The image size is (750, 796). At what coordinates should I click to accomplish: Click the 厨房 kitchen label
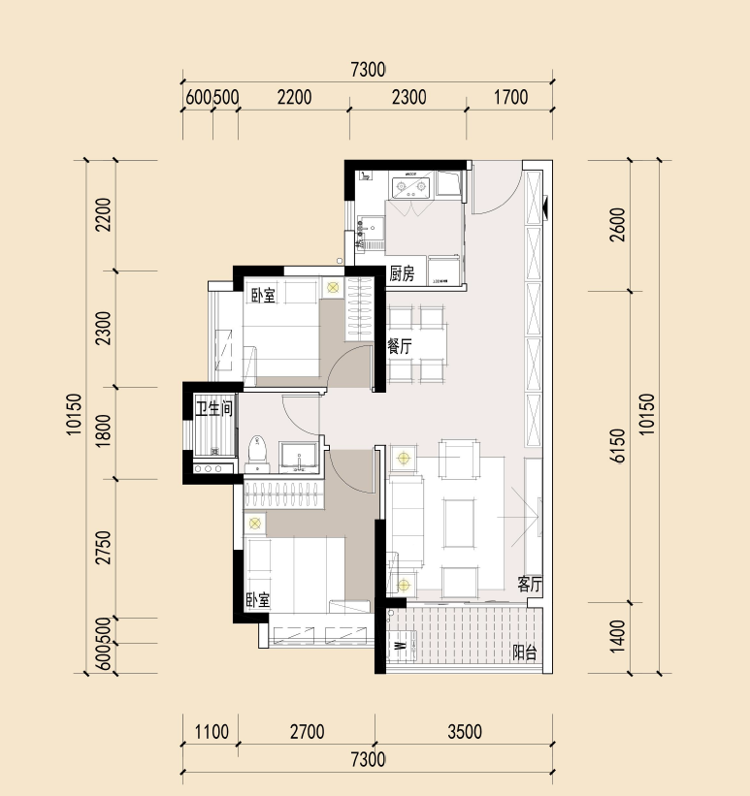(x=402, y=274)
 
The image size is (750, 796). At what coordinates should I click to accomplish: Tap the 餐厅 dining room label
(x=400, y=347)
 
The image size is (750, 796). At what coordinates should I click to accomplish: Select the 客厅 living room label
(x=530, y=584)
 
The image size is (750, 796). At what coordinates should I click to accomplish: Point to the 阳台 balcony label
(x=524, y=653)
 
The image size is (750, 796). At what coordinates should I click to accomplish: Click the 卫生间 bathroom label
(x=214, y=408)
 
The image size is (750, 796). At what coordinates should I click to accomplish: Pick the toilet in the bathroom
(x=257, y=454)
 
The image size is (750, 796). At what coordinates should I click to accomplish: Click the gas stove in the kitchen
(x=411, y=187)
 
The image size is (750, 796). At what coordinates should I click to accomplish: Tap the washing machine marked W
(x=402, y=646)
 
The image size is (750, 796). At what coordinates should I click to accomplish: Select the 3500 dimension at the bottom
(x=465, y=732)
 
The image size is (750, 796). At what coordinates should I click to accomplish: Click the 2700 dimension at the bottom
(x=307, y=732)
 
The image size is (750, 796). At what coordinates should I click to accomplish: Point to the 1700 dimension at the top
(x=510, y=97)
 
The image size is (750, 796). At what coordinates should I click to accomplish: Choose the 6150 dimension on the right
(x=618, y=446)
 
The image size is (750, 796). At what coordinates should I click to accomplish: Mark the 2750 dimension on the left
(x=104, y=547)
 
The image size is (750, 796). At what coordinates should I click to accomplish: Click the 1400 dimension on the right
(x=617, y=636)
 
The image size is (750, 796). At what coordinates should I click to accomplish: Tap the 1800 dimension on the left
(x=103, y=431)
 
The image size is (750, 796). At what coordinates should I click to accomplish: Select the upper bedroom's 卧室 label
(x=263, y=296)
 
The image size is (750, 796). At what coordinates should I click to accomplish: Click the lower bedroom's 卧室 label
(x=258, y=600)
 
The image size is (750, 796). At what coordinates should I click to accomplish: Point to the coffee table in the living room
(x=460, y=524)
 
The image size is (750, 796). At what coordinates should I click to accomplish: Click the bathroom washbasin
(x=299, y=457)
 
